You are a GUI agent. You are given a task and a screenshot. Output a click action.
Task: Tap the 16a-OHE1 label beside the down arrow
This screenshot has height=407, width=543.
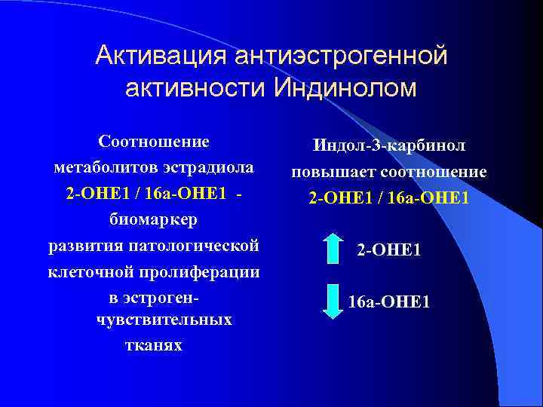(389, 302)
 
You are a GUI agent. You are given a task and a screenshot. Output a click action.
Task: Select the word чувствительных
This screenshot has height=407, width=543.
(164, 320)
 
